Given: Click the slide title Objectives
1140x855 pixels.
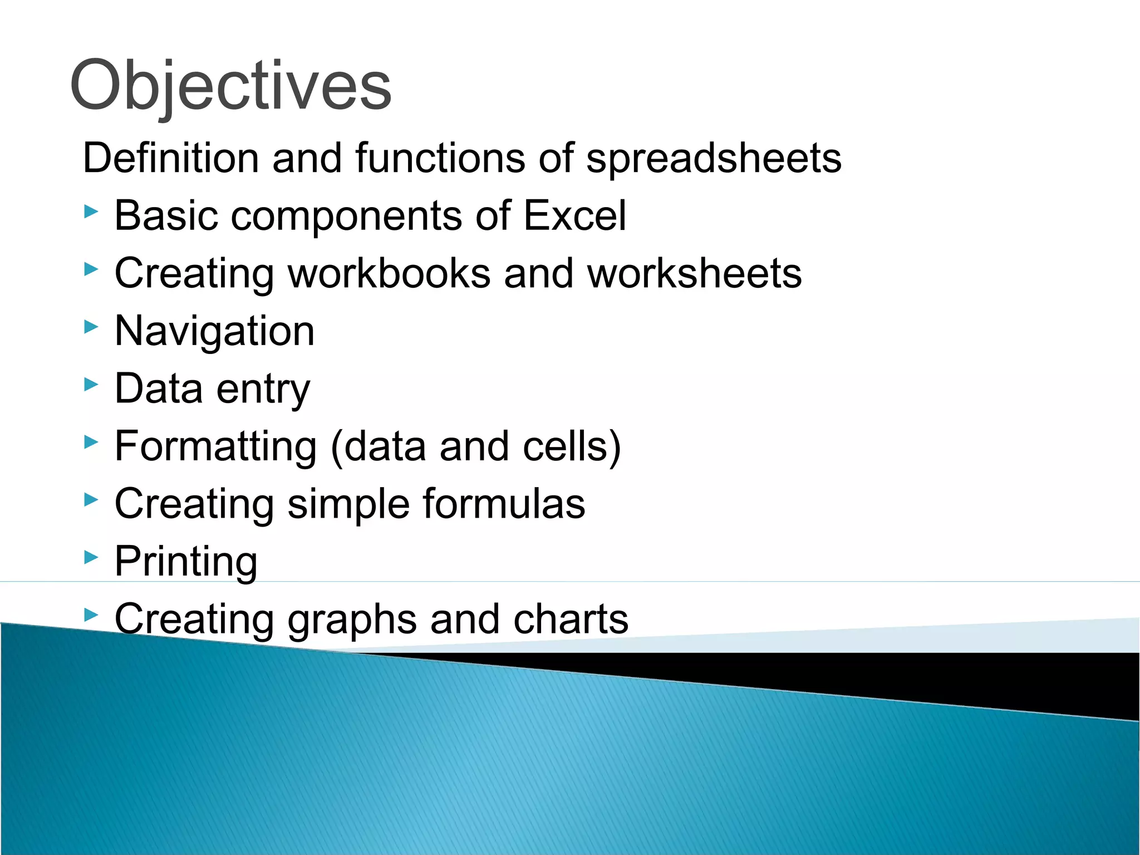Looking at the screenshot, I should [230, 86].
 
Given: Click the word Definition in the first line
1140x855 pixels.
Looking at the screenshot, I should [170, 158].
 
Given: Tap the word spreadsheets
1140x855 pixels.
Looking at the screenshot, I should [714, 159].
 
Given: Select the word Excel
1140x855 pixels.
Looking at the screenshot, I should [574, 215].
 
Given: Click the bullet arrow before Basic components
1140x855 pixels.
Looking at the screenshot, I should [91, 212].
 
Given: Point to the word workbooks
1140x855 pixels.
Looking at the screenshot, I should [389, 273].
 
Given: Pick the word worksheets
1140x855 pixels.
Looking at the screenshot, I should [694, 273].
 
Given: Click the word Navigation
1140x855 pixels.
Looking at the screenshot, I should [214, 331].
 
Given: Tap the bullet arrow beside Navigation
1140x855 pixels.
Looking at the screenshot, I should [91, 327].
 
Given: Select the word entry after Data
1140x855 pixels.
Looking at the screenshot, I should [263, 389].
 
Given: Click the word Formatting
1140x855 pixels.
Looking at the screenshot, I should [215, 447].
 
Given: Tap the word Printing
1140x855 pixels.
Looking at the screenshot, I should [186, 562].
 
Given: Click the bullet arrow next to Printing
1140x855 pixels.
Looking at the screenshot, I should [91, 557].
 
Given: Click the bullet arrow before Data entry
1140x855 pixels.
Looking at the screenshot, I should [91, 384].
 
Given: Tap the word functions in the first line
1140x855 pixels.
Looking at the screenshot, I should [440, 158].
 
